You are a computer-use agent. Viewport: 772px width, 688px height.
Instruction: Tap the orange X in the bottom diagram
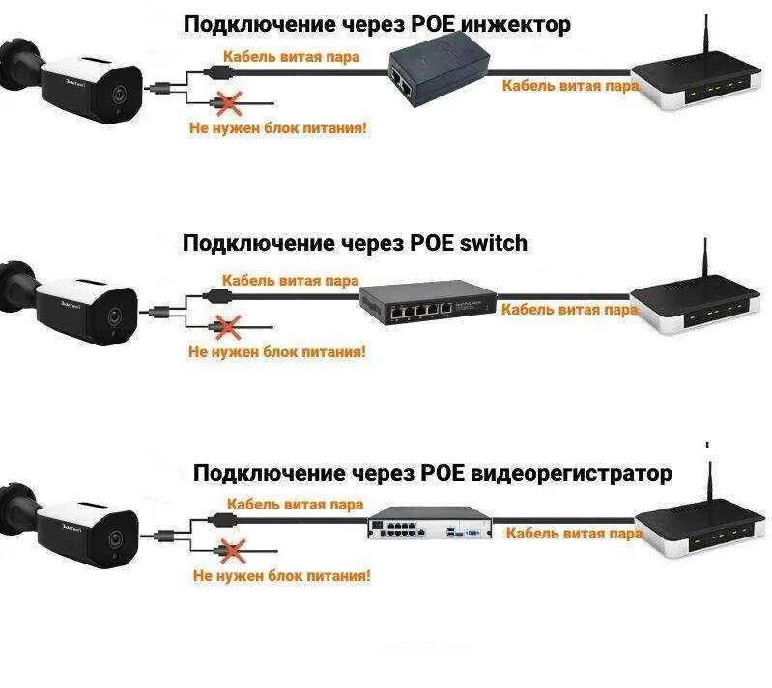(x=232, y=550)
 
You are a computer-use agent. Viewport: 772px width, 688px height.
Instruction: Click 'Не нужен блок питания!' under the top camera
(x=277, y=126)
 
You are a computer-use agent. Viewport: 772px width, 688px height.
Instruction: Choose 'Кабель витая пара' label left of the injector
(x=291, y=56)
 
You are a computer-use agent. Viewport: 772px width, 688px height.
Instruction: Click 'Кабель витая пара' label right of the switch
(x=569, y=310)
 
